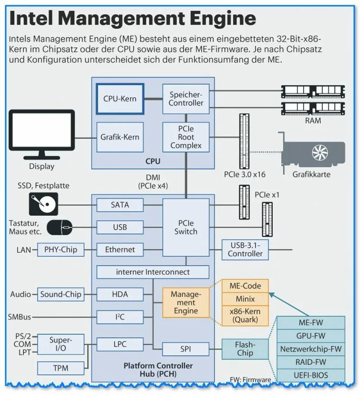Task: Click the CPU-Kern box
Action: click(x=120, y=99)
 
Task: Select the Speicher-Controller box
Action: click(x=186, y=99)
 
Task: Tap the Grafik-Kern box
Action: click(x=120, y=137)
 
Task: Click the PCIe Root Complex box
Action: click(x=186, y=137)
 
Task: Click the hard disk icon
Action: click(x=44, y=204)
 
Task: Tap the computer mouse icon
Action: click(x=61, y=227)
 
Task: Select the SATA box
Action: click(x=120, y=205)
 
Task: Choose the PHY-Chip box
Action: click(x=61, y=250)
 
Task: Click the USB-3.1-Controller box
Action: click(x=245, y=250)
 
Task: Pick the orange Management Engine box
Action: click(x=186, y=302)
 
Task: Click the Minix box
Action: click(x=245, y=299)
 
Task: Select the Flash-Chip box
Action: click(x=245, y=349)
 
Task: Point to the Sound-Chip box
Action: click(x=61, y=294)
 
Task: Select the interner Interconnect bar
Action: click(x=153, y=272)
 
